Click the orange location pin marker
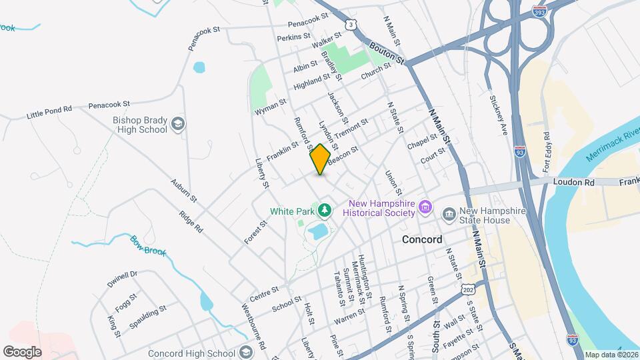click(x=320, y=159)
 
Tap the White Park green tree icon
click(x=325, y=211)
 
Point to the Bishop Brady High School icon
click(x=178, y=124)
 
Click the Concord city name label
click(x=421, y=239)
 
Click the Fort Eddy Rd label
click(x=547, y=146)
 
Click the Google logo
click(x=22, y=351)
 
